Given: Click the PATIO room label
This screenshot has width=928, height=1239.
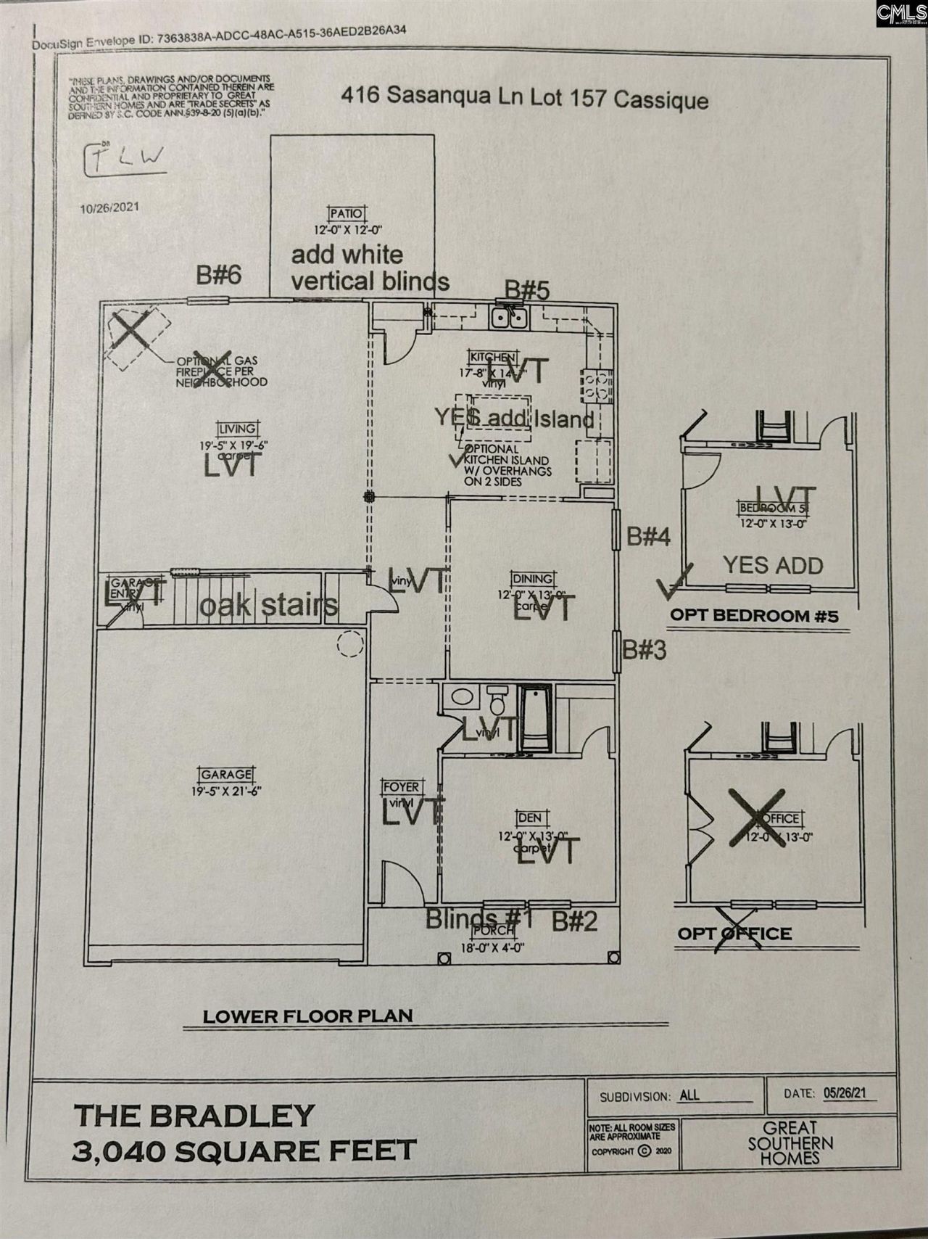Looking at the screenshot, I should tap(347, 214).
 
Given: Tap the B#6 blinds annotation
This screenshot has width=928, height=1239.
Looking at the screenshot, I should tap(219, 276).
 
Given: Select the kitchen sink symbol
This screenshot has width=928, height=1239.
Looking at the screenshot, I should tap(508, 318).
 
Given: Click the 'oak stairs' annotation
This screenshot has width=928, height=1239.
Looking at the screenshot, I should tap(268, 606).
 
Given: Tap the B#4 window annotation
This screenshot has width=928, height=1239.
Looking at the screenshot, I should tap(648, 537).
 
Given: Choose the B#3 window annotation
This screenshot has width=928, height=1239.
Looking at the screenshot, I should tap(645, 650).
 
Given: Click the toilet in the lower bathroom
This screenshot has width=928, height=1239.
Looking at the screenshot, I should tap(497, 702).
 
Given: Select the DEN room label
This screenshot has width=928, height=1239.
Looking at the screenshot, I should tap(529, 818).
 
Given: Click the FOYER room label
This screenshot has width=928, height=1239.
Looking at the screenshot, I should tap(401, 788).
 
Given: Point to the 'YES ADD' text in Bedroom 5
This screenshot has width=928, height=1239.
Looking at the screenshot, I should tap(773, 565).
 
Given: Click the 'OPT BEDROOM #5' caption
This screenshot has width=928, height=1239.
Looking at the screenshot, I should tap(754, 616).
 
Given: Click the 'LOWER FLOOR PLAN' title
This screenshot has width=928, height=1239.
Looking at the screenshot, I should tap(307, 1016).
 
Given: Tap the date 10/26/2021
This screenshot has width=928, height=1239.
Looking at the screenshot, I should tap(109, 207).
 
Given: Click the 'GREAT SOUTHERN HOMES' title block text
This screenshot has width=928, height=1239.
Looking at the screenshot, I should tap(790, 1143).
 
